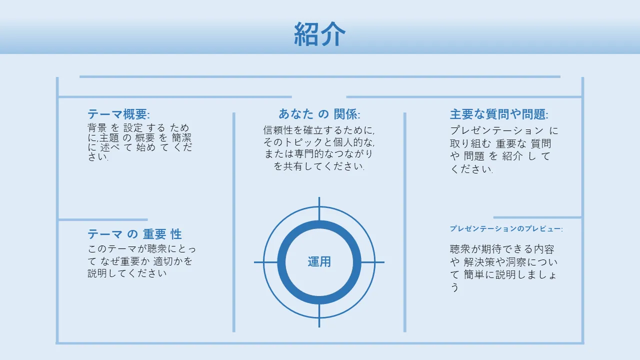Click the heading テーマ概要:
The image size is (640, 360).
(118, 114)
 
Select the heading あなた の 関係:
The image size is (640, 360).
(319, 114)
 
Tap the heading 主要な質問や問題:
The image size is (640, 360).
(499, 114)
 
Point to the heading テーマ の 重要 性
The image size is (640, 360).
(134, 234)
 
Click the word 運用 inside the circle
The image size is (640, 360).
(319, 261)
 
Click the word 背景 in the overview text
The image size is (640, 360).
(97, 127)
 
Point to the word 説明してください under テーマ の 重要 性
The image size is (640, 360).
(127, 273)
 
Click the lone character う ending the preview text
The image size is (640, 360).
(454, 287)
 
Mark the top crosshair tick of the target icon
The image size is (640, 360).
(319, 208)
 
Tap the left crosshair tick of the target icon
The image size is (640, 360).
(265, 262)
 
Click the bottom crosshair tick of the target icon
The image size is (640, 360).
(319, 315)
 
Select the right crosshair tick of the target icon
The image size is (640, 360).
(372, 262)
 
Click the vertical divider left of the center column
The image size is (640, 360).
(233, 222)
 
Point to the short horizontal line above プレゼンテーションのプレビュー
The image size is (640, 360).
(537, 217)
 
